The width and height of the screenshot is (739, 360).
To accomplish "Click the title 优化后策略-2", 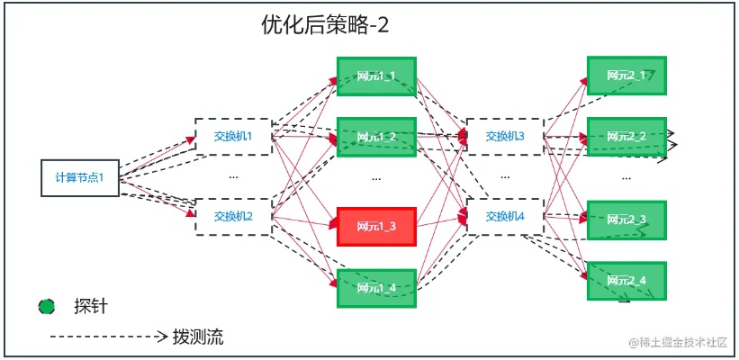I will coord(324,25).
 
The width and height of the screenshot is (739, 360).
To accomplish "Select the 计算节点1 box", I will coord(79,177).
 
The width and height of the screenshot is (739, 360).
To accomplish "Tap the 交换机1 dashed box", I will coord(233,137).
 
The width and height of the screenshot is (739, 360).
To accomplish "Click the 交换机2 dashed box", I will coord(233,216).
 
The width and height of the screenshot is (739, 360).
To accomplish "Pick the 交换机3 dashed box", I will coord(505,137).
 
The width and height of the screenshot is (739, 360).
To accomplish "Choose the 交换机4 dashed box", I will coord(505,216).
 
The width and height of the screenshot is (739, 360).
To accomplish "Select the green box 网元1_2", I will coord(376,137).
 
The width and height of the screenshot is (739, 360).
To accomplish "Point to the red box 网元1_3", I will coord(376,226).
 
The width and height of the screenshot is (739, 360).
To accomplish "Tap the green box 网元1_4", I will coord(376,288).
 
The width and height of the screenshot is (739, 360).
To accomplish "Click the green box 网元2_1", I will coord(626,76).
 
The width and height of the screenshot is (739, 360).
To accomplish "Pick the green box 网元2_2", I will coord(626,136).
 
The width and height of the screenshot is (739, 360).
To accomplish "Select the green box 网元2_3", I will coord(626,219).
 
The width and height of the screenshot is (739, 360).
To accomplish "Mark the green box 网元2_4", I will coord(626,281).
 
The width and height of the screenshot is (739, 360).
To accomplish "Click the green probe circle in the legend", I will coord(47,307).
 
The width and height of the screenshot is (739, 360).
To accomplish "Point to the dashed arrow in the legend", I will coord(108,337).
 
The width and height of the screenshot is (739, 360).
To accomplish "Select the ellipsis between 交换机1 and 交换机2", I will coord(233,177).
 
